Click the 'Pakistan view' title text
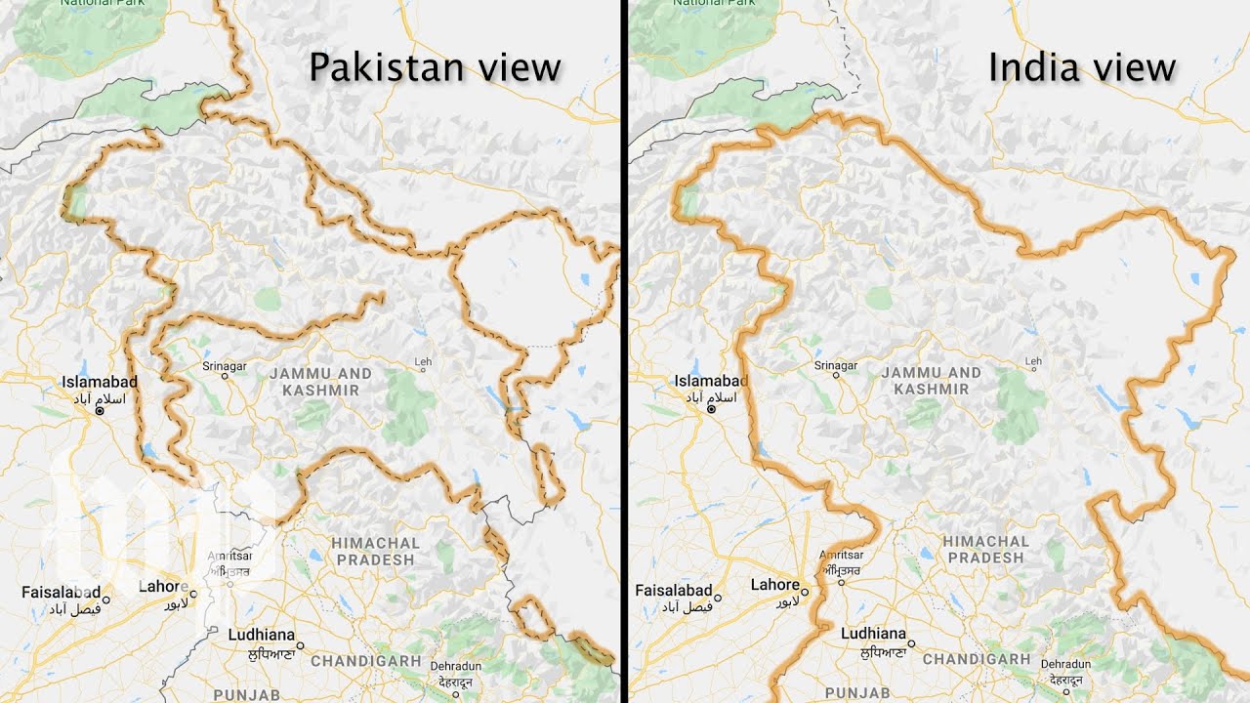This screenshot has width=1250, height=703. [x=435, y=68]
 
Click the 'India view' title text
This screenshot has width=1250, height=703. [x=1081, y=68]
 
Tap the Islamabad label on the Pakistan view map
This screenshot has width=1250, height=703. [x=100, y=382]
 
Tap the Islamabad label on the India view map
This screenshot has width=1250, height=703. [x=711, y=381]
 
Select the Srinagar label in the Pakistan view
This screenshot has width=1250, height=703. [x=225, y=366]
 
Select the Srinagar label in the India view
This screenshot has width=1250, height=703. [x=836, y=366]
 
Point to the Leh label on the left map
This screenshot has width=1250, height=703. [x=423, y=362]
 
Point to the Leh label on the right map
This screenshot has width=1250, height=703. [x=1034, y=362]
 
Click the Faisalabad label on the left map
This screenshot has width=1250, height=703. [x=62, y=592]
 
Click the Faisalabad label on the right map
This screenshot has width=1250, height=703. [x=674, y=591]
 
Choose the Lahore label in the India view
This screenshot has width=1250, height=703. [x=774, y=585]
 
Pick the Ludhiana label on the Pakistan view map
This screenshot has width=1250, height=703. [x=261, y=634]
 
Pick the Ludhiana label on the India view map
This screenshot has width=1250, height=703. [x=873, y=634]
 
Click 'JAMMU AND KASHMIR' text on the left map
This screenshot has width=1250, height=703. [x=320, y=382]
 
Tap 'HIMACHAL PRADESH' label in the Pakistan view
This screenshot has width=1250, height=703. [x=375, y=551]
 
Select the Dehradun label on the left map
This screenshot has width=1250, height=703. [x=455, y=665]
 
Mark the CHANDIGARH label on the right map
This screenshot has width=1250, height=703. [x=977, y=659]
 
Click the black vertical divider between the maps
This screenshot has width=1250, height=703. [x=622, y=351]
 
